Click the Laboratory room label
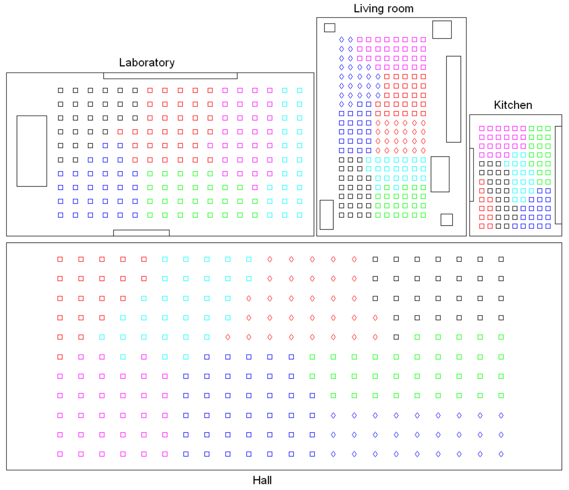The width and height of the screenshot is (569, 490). point(147,63)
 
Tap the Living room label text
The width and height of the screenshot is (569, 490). point(383,8)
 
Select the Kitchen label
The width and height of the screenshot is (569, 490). point(513,105)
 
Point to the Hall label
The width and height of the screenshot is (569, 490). point(262,480)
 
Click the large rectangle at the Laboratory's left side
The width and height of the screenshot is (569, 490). point(32,151)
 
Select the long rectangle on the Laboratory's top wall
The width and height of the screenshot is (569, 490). point(170,76)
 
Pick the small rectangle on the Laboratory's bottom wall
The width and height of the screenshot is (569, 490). point(142,233)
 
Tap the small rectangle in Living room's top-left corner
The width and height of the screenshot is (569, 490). point(330,28)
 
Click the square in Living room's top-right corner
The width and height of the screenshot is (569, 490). point(442,30)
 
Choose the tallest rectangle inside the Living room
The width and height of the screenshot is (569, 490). point(453,99)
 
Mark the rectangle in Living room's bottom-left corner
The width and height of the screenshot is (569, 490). point(327,215)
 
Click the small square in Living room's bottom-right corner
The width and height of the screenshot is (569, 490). point(446,220)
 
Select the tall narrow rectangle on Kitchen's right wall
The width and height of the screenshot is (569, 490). point(558,175)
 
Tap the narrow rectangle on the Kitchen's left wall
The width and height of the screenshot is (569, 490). point(472,175)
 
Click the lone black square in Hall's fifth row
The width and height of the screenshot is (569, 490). point(396,337)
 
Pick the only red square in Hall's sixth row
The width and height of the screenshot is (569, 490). point(60,357)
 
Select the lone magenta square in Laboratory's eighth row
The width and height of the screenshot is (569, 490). point(255,187)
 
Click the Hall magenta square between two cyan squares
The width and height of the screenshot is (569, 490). point(144,357)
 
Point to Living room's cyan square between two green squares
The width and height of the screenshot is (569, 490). point(396,187)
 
